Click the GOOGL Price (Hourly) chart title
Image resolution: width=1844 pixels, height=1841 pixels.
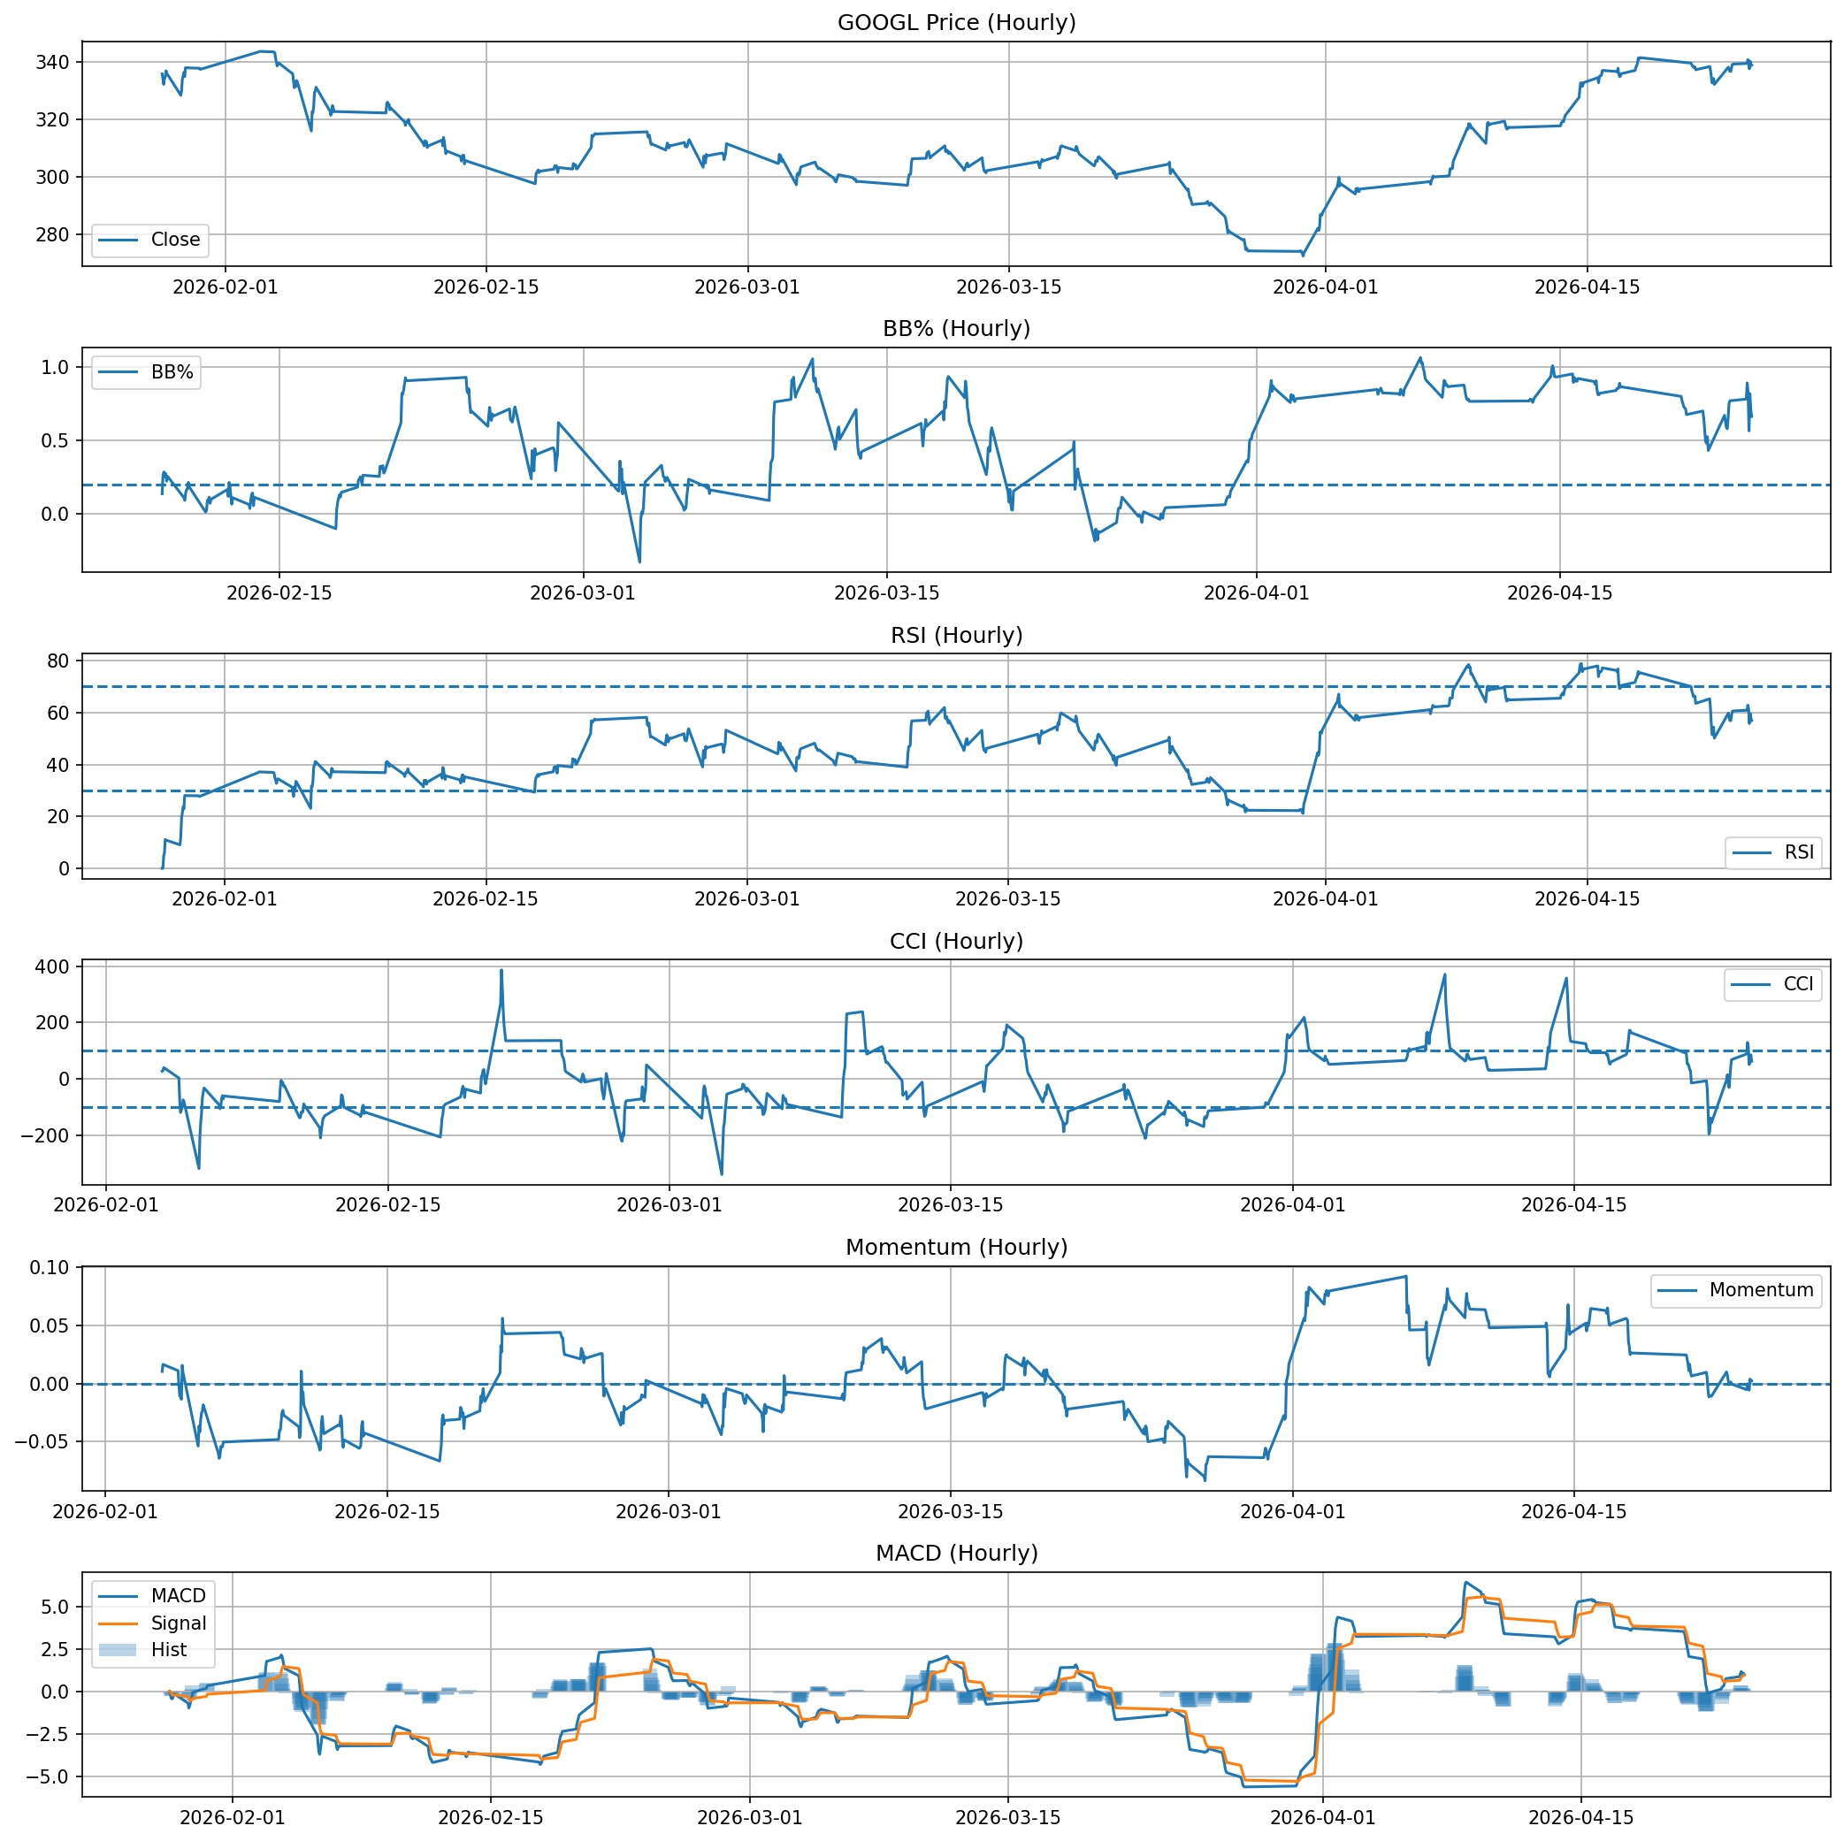[956, 22]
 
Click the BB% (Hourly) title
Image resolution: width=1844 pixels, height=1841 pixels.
[956, 328]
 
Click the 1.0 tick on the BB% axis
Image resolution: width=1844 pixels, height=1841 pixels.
[56, 368]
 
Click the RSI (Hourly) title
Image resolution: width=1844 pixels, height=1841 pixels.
[956, 635]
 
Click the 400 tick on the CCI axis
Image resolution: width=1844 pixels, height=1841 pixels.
[51, 966]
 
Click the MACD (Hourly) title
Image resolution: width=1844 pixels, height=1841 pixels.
[956, 1553]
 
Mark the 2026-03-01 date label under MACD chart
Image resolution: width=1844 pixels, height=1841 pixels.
[749, 1817]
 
